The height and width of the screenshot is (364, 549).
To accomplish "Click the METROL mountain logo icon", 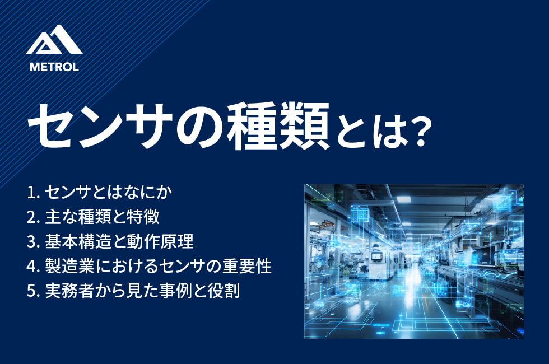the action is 54,40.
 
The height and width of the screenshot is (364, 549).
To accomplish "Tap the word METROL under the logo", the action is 54,67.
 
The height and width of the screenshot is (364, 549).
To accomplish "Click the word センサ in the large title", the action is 101,126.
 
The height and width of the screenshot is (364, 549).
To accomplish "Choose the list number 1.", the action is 32,192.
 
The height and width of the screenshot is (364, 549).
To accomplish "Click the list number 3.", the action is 33,242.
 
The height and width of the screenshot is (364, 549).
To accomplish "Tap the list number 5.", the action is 33,291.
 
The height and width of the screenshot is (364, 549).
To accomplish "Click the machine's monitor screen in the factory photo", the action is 376,256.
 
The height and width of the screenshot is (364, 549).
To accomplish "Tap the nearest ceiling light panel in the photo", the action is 403,199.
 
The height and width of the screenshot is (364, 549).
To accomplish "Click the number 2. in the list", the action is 33,217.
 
